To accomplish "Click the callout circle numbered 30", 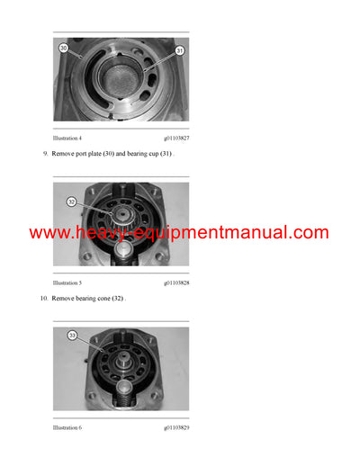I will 63,47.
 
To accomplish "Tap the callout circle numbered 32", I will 71,202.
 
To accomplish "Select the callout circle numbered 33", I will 72,335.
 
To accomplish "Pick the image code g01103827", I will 171,139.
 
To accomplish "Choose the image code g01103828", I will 171,282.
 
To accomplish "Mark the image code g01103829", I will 171,426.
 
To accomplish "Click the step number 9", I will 45,155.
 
